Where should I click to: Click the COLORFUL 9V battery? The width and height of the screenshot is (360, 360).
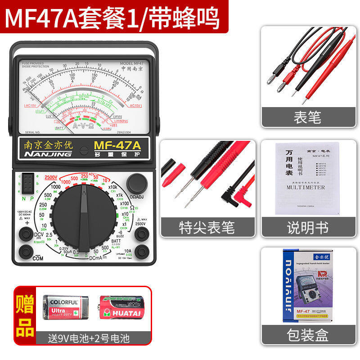pyautogui.click(x=65, y=307)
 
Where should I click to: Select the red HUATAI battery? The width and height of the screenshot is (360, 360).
pyautogui.click(x=122, y=307)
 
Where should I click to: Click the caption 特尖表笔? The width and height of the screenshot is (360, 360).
pyautogui.click(x=207, y=227)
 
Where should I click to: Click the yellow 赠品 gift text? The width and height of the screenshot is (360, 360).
pyautogui.click(x=26, y=315)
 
